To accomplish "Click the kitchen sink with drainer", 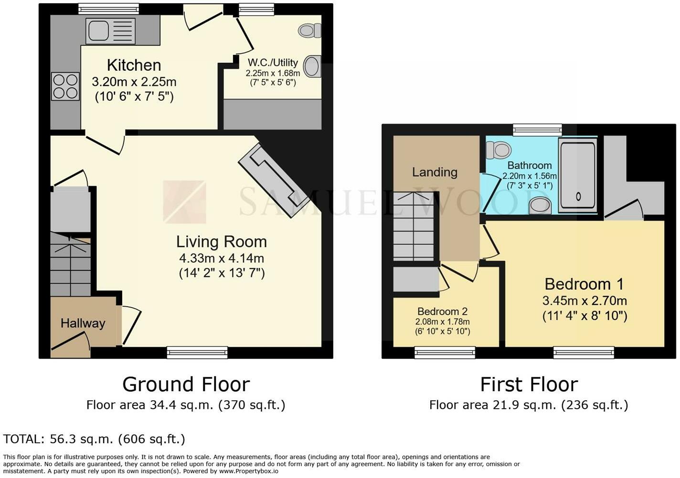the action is coord(110,31).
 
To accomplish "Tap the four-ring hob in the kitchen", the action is coord(65,86).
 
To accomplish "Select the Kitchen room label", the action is coord(134,65).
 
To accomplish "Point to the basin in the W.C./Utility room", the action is coord(312,66).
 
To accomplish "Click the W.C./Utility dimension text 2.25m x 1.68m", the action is coord(273,73).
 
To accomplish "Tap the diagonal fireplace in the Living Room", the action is coord(274,181).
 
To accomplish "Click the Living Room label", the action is coord(222,242).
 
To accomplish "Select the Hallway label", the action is coord(83,323).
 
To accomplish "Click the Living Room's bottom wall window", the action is coord(197,352).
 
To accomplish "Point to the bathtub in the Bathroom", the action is coord(578,175).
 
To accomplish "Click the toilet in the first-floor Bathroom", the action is coord(499,150).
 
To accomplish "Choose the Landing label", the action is coord(435,172).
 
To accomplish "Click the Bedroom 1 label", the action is coord(584,285).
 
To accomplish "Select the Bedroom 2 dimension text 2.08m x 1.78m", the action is coord(442,322).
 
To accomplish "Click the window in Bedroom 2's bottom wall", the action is coord(445,352).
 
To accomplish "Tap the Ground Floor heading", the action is coord(186,384).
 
